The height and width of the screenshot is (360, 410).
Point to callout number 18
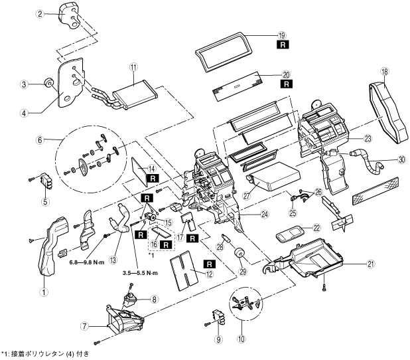point(385,71)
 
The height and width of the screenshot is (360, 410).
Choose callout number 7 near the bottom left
point(85,327)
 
